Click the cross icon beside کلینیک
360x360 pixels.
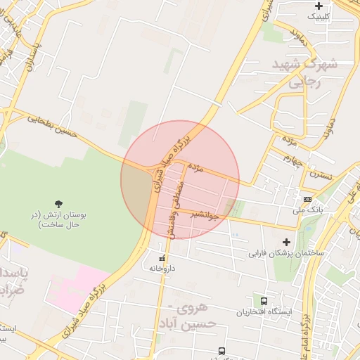[319, 6]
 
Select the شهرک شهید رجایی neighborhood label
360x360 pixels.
[305, 72]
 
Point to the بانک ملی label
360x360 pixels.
[307, 210]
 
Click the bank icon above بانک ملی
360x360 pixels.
[307, 200]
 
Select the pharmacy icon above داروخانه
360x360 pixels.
[162, 258]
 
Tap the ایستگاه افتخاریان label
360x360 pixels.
[264, 311]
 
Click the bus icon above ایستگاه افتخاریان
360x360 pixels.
[264, 301]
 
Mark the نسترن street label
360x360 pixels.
[322, 172]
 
